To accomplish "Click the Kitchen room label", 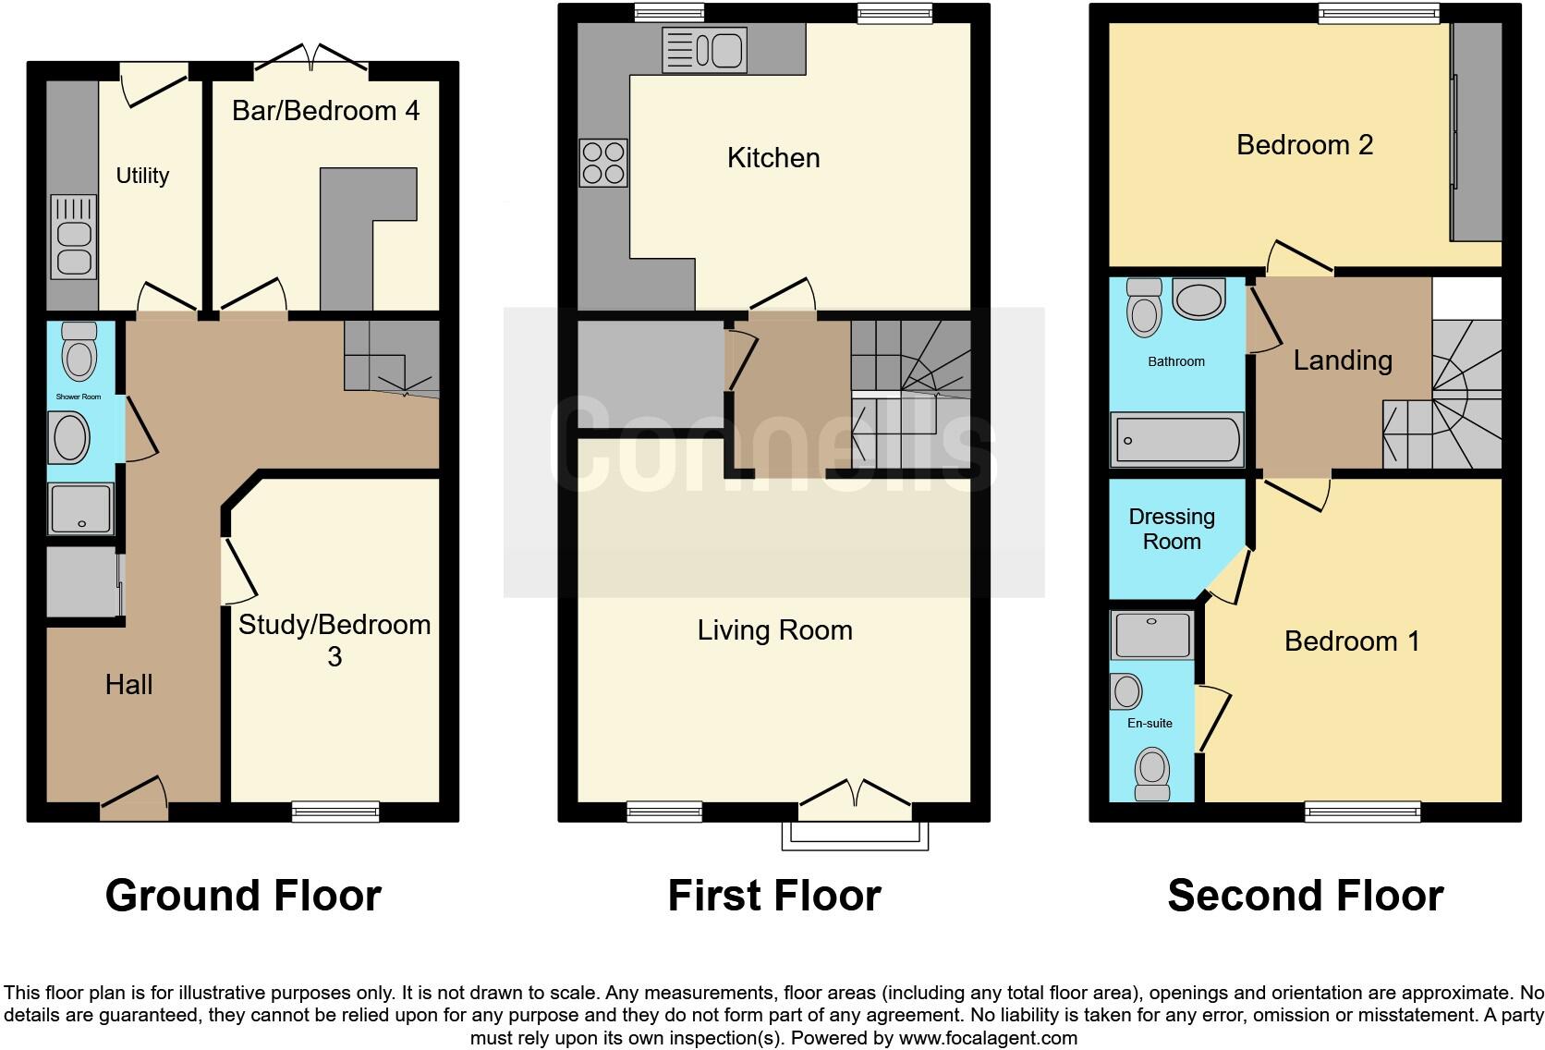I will [773, 158].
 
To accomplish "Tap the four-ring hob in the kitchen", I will [603, 163].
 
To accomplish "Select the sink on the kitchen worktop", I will [704, 50].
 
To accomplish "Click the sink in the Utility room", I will [73, 237].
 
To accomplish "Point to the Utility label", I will [142, 176].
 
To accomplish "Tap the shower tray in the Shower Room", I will [81, 508].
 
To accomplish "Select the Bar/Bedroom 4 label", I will [325, 111].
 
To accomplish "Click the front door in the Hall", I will [134, 800].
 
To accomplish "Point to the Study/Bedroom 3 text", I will [335, 640].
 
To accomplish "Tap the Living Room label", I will [774, 630].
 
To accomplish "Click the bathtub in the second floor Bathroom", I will [1176, 439].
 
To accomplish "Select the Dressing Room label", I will [1172, 529].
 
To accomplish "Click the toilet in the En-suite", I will [1152, 775].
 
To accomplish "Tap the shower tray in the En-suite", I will [1151, 634].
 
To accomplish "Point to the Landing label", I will [1343, 360].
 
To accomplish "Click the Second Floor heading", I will [1305, 896].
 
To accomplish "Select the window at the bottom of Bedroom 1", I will [1362, 812].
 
